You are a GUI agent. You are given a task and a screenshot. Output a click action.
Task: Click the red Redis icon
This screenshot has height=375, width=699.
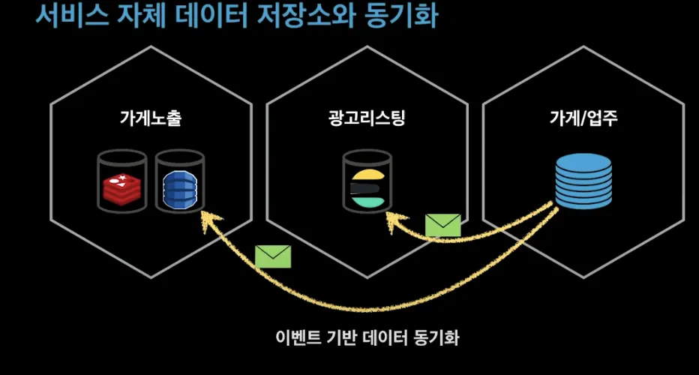(x=120, y=187)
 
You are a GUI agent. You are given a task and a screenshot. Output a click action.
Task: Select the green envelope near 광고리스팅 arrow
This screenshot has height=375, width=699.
(x=442, y=226)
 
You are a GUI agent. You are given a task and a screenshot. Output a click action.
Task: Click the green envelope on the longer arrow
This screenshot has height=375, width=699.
(x=272, y=256)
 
